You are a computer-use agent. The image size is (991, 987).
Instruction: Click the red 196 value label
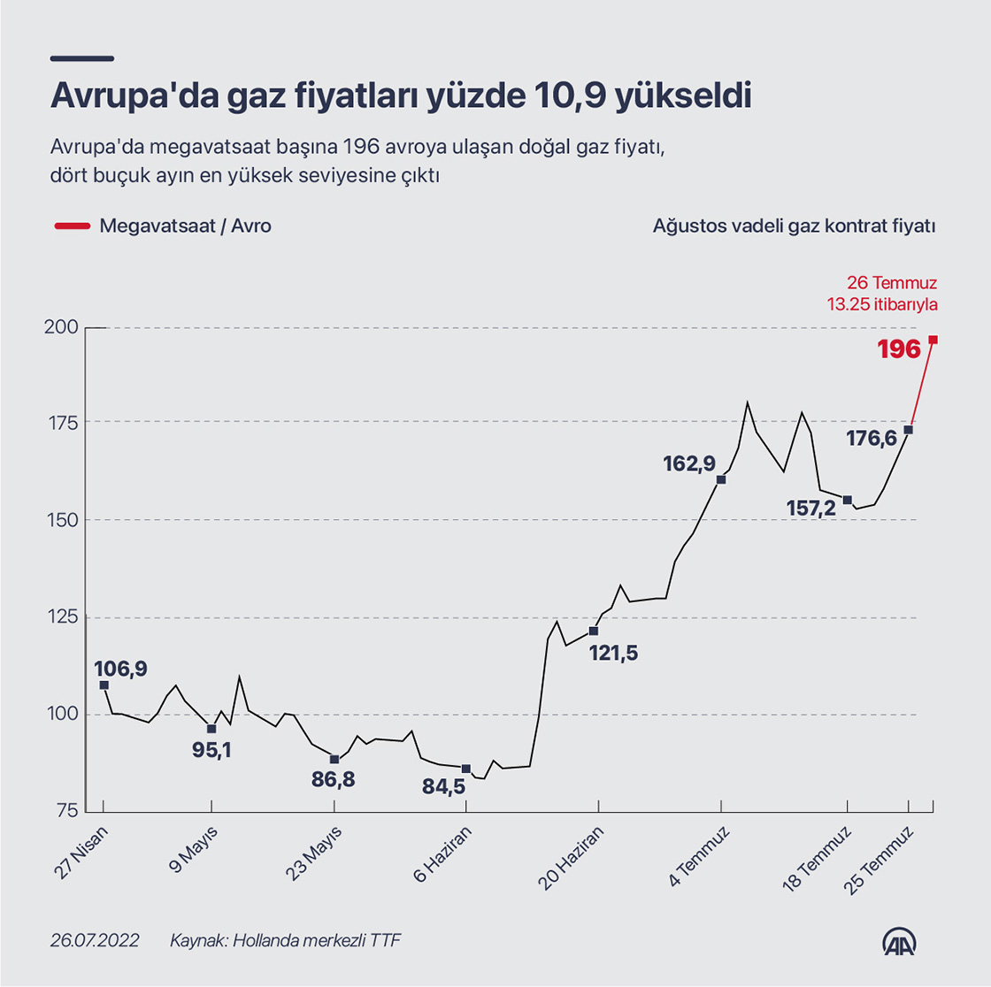899,349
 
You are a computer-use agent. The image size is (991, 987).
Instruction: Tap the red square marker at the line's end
933,340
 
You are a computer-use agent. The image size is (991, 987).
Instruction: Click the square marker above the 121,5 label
594,631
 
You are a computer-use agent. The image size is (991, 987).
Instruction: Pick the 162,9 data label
689,463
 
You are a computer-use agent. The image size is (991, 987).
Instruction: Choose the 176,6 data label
871,438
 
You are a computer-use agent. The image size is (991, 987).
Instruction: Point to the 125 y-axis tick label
65,617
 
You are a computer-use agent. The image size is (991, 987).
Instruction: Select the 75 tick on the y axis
68,811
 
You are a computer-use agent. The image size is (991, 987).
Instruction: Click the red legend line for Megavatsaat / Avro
72,226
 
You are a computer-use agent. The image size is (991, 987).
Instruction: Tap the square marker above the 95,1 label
211,729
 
